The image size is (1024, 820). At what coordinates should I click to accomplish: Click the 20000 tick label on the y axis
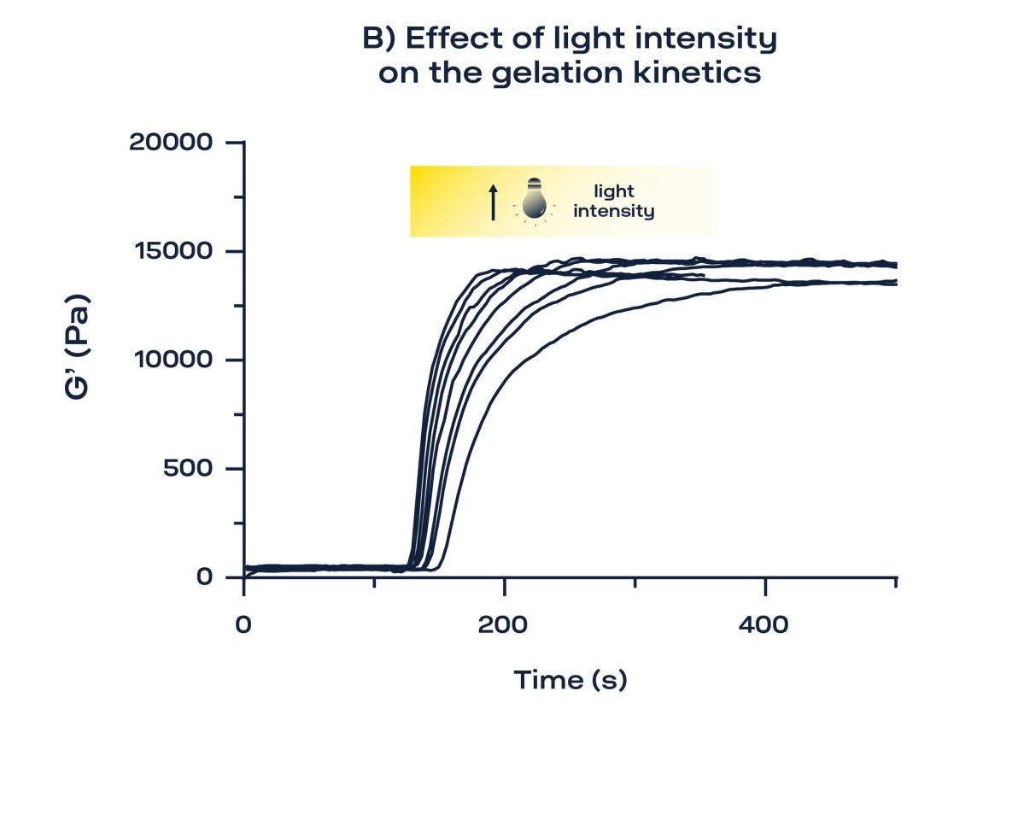(x=171, y=142)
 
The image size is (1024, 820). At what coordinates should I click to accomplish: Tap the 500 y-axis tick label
(x=188, y=468)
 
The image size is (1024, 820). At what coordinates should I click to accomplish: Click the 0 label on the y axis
(x=204, y=577)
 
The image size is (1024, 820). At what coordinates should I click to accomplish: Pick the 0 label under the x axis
(x=244, y=625)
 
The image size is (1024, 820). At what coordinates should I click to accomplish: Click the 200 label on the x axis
(x=503, y=625)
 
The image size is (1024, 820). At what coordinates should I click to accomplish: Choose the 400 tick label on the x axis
(x=764, y=625)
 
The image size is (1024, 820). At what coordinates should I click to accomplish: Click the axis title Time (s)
(x=570, y=680)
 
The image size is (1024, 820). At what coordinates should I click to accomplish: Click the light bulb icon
(x=535, y=199)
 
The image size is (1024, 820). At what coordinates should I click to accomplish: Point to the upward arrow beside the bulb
(x=493, y=202)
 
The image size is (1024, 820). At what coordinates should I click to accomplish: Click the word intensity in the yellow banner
(x=613, y=211)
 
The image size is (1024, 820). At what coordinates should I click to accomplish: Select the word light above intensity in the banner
(x=614, y=191)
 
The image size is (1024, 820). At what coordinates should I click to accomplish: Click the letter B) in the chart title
(x=379, y=39)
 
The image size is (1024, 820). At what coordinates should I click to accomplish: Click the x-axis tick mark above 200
(x=505, y=583)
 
